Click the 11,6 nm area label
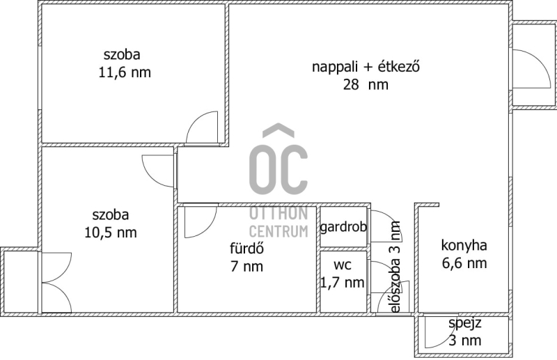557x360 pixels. tap(125, 72)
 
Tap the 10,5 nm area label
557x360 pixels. tap(111, 233)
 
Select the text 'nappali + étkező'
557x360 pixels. tap(366, 66)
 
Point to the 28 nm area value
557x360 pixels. tap(366, 84)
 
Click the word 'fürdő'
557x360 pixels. tap(247, 248)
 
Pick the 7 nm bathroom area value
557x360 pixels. tap(247, 266)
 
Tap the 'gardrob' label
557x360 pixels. tap(343, 227)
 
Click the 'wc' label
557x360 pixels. tap(343, 265)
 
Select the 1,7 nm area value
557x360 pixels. tap(343, 283)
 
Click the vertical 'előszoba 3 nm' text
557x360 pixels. tap(395, 267)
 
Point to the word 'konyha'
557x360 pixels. tap(464, 245)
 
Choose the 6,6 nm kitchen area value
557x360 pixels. tap(464, 263)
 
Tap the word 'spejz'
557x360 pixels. tap(464, 323)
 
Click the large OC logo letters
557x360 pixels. tap(278, 163)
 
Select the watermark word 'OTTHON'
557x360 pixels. tap(278, 213)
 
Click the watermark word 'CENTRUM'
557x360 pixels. tap(278, 231)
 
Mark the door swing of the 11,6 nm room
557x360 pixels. tap(194, 120)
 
